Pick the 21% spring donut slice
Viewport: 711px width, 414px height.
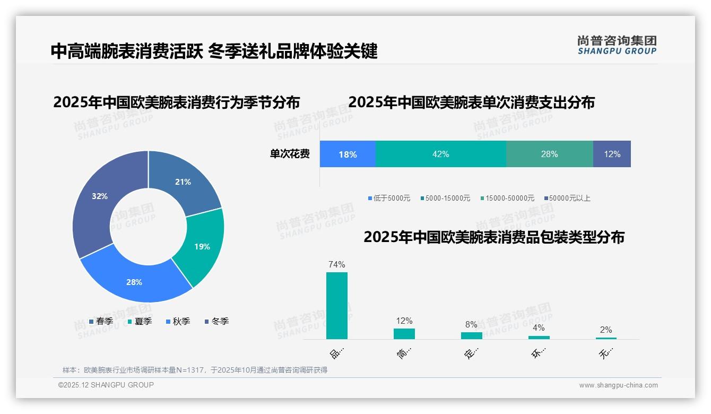(x=183, y=180)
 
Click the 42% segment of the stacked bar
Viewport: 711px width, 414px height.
(x=440, y=154)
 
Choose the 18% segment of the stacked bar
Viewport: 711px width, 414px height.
(x=348, y=154)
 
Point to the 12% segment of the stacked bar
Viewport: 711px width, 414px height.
(x=612, y=154)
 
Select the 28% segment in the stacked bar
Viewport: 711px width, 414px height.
(x=549, y=154)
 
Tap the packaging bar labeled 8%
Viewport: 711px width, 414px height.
(x=472, y=335)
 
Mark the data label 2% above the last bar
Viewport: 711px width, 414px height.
(x=606, y=330)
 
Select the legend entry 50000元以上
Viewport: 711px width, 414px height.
(x=569, y=199)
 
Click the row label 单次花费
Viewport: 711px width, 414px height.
(x=290, y=154)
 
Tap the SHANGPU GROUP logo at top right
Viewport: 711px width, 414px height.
(x=617, y=45)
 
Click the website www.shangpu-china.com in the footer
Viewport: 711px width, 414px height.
(x=618, y=385)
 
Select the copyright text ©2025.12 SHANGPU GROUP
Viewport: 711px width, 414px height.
(x=106, y=385)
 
